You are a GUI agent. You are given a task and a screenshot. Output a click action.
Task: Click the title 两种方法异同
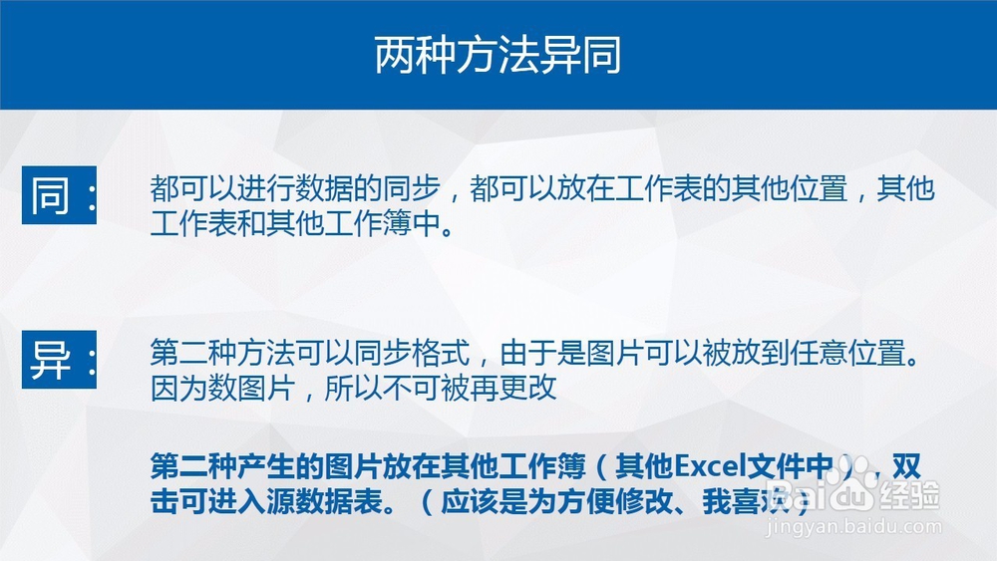click(x=498, y=55)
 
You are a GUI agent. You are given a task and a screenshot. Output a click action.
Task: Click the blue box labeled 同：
click(x=60, y=195)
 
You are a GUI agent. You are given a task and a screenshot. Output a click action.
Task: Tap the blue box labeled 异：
click(x=60, y=360)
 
